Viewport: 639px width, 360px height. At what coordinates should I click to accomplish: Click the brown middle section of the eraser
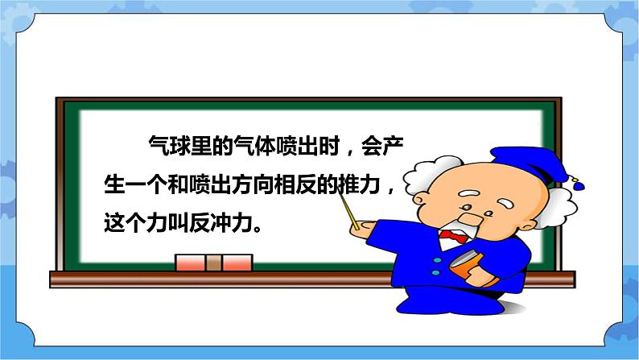tap(213, 263)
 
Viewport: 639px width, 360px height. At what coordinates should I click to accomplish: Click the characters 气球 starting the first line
tap(164, 147)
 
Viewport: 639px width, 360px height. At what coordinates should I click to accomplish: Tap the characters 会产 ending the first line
tap(398, 147)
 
